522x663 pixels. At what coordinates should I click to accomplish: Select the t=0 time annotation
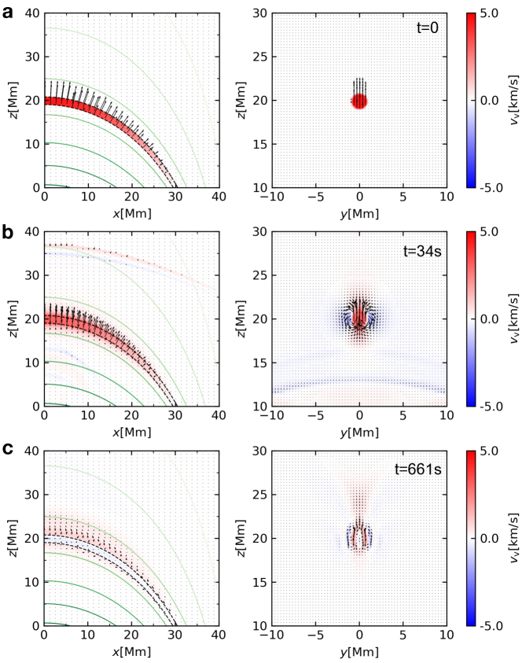tap(429, 28)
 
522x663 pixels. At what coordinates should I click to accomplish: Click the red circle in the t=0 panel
tap(359, 101)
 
